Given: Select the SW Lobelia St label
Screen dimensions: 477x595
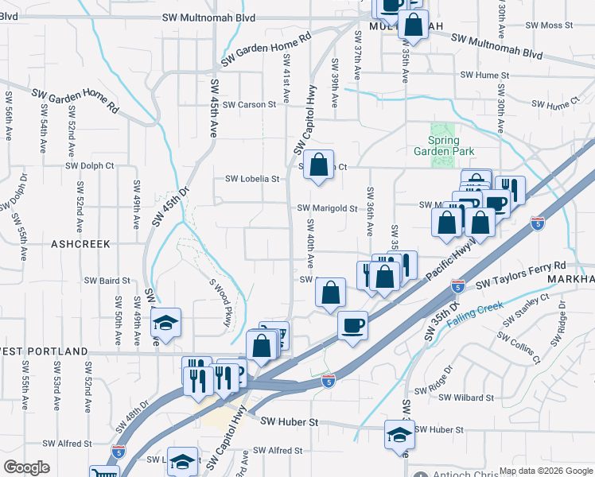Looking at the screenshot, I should click(x=253, y=180).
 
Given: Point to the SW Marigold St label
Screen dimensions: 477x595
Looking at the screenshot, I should click(x=328, y=208).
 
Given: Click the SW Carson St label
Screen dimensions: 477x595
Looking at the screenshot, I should click(x=249, y=104).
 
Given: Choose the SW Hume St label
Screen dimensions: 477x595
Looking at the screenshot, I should click(x=483, y=75).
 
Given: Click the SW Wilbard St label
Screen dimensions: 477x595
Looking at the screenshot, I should click(x=466, y=397).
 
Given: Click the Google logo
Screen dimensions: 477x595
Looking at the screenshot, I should click(x=26, y=467).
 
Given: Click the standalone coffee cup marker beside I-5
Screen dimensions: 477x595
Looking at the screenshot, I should click(x=352, y=324).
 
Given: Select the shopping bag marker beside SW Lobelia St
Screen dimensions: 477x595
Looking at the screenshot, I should click(x=318, y=165).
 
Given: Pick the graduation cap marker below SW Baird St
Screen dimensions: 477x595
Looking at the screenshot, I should click(x=165, y=323).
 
